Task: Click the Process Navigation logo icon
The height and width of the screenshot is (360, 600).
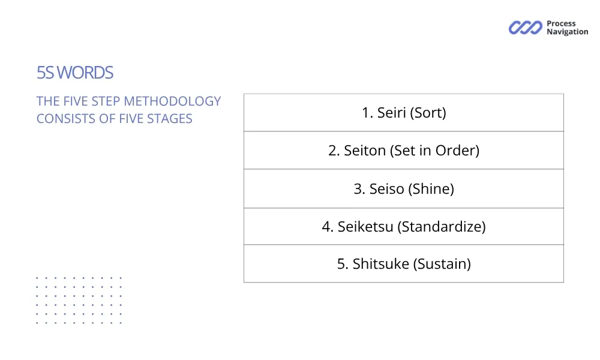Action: coord(525,28)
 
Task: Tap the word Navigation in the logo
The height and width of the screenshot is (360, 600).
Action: coord(567,32)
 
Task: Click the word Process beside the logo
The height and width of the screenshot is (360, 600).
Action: coord(561,24)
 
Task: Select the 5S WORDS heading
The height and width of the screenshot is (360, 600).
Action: coord(75,73)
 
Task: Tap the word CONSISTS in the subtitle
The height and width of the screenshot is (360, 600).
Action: coord(66,119)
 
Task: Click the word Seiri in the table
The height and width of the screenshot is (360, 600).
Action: coord(391,113)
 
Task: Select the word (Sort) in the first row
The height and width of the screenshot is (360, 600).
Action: coord(428,113)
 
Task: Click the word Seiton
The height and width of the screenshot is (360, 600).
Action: coord(364,151)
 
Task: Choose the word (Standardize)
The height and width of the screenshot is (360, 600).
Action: coord(443,227)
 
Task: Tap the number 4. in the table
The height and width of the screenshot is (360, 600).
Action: coord(328,227)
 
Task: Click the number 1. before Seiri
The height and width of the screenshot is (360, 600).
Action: coord(367,113)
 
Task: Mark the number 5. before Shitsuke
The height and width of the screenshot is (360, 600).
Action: coord(343,264)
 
